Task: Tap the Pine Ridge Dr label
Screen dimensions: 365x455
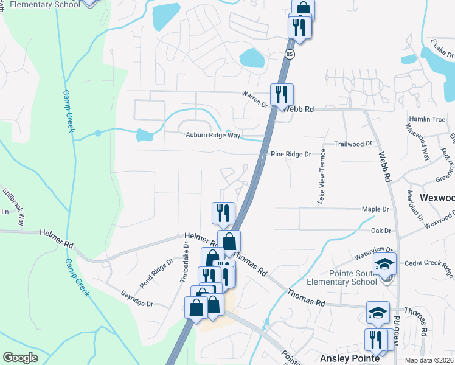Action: pyautogui.click(x=291, y=155)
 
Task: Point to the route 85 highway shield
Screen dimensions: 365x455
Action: pyautogui.click(x=289, y=55)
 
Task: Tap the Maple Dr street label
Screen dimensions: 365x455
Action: pyautogui.click(x=375, y=209)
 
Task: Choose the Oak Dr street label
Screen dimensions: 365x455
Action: pyautogui.click(x=380, y=231)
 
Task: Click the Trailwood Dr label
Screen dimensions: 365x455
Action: pyautogui.click(x=353, y=144)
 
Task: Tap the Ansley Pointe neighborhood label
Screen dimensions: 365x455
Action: pyautogui.click(x=350, y=358)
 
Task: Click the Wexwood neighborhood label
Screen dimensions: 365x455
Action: pyautogui.click(x=437, y=198)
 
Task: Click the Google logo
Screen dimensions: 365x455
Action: pyautogui.click(x=20, y=358)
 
